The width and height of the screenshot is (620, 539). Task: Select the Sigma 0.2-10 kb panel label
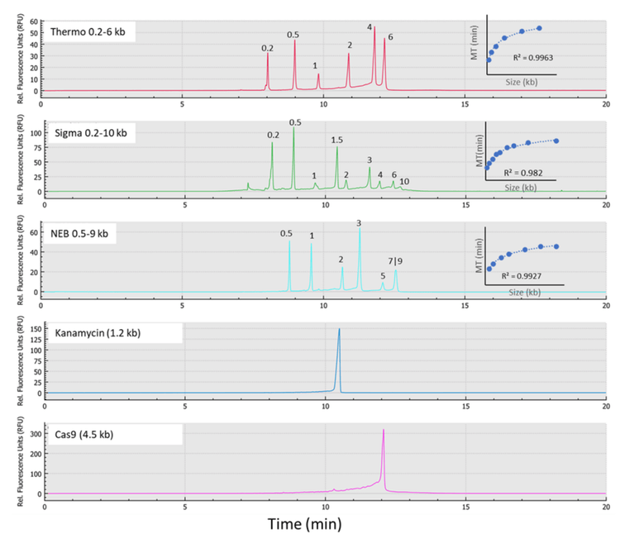point(91,132)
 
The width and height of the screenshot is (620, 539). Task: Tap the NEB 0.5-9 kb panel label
point(86,233)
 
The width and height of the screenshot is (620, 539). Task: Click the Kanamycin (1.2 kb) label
point(112,333)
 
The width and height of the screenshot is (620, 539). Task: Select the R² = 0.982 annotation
point(521,172)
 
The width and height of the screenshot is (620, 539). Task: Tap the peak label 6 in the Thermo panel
point(390,37)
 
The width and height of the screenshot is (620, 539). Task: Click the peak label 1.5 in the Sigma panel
point(337,140)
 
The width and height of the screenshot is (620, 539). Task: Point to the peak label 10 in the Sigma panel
point(404,181)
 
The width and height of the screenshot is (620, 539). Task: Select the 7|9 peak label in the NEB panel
point(396,261)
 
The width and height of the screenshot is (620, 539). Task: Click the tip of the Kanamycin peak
point(339,329)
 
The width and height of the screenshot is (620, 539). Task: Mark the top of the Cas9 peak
point(384,430)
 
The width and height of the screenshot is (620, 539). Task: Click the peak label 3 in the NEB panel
point(359,223)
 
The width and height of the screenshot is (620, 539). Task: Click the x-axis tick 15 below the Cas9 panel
point(466,504)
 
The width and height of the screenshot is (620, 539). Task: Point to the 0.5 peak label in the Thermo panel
point(293,35)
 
